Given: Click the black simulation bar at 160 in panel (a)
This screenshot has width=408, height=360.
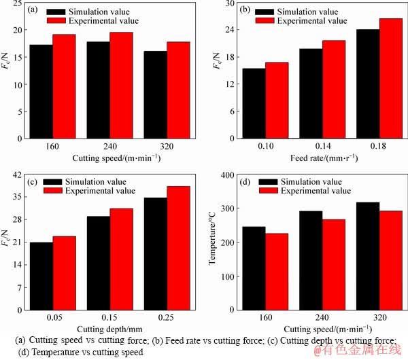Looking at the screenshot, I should [x=41, y=92].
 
